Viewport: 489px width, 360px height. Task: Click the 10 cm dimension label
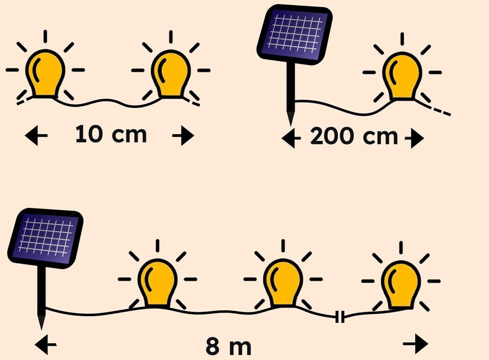111,135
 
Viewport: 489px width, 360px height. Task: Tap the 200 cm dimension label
354,136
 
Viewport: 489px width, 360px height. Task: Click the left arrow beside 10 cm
36,136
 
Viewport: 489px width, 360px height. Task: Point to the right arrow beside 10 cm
183,136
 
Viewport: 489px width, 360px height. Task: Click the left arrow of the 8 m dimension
46,346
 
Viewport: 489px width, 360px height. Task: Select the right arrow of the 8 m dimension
416,345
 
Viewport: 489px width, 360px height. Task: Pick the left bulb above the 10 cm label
45,75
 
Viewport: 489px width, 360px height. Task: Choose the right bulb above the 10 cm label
171,75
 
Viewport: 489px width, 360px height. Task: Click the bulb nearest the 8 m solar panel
157,283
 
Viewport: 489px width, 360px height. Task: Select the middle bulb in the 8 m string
283,283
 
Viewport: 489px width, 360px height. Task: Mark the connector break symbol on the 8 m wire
340,318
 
